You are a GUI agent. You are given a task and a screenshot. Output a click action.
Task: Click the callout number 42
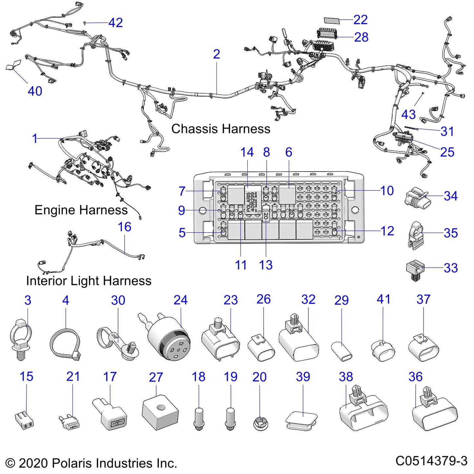tap(115, 23)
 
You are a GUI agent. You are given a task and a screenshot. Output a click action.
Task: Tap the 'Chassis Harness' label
tap(221, 129)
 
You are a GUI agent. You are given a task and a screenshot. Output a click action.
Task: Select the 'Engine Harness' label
tap(81, 210)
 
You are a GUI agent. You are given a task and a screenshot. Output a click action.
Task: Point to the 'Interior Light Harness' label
tap(89, 281)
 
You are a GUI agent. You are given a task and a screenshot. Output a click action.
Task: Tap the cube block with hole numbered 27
tap(160, 412)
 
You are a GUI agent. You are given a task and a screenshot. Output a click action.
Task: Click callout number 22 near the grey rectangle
tap(361, 20)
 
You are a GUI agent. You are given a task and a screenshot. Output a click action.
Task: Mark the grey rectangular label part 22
tap(332, 20)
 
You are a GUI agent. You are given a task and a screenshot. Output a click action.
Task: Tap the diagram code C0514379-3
tap(431, 461)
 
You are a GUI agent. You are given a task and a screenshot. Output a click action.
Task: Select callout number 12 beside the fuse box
tap(387, 231)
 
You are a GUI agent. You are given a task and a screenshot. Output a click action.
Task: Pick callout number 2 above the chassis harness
tap(216, 54)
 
